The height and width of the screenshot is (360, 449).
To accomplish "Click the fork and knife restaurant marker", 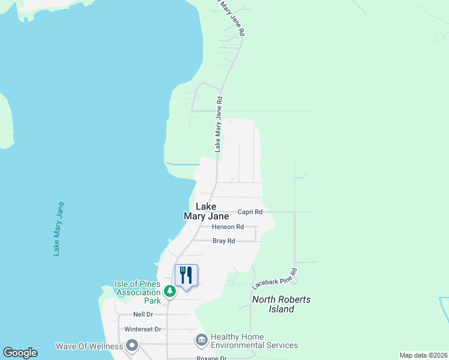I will [x=186, y=275].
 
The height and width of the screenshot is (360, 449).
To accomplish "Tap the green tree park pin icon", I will [x=170, y=291].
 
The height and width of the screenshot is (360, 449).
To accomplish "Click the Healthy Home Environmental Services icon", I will [x=201, y=341].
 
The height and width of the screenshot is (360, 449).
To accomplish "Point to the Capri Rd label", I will [x=250, y=212].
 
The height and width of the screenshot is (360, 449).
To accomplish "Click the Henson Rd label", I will [x=228, y=227].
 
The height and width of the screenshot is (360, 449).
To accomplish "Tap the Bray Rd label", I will [x=223, y=241].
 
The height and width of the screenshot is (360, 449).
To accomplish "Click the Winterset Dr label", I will [x=142, y=329].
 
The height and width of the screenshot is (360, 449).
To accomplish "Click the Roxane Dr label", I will [x=211, y=358].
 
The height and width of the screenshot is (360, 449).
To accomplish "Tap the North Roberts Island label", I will [x=282, y=304].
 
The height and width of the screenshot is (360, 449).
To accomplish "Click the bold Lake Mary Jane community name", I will [x=206, y=211].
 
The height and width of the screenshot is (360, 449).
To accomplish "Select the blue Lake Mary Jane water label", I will [x=58, y=229].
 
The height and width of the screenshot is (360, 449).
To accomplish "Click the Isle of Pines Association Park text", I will [x=137, y=292].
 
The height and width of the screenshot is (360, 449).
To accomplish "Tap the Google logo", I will [x=20, y=353].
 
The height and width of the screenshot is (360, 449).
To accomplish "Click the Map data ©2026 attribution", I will [x=423, y=355].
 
